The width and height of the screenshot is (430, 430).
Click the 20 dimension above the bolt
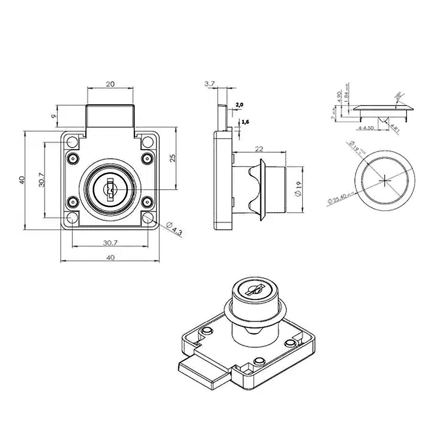[x=110, y=84]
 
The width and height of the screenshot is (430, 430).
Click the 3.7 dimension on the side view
[x=209, y=84]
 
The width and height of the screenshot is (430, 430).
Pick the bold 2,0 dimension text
[x=239, y=105]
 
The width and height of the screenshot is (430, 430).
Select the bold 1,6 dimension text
[x=246, y=123]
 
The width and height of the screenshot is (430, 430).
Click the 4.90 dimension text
[x=340, y=96]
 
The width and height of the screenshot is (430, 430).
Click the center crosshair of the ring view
[x=385, y=180]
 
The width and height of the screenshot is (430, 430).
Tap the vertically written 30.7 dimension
[x=42, y=180]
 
